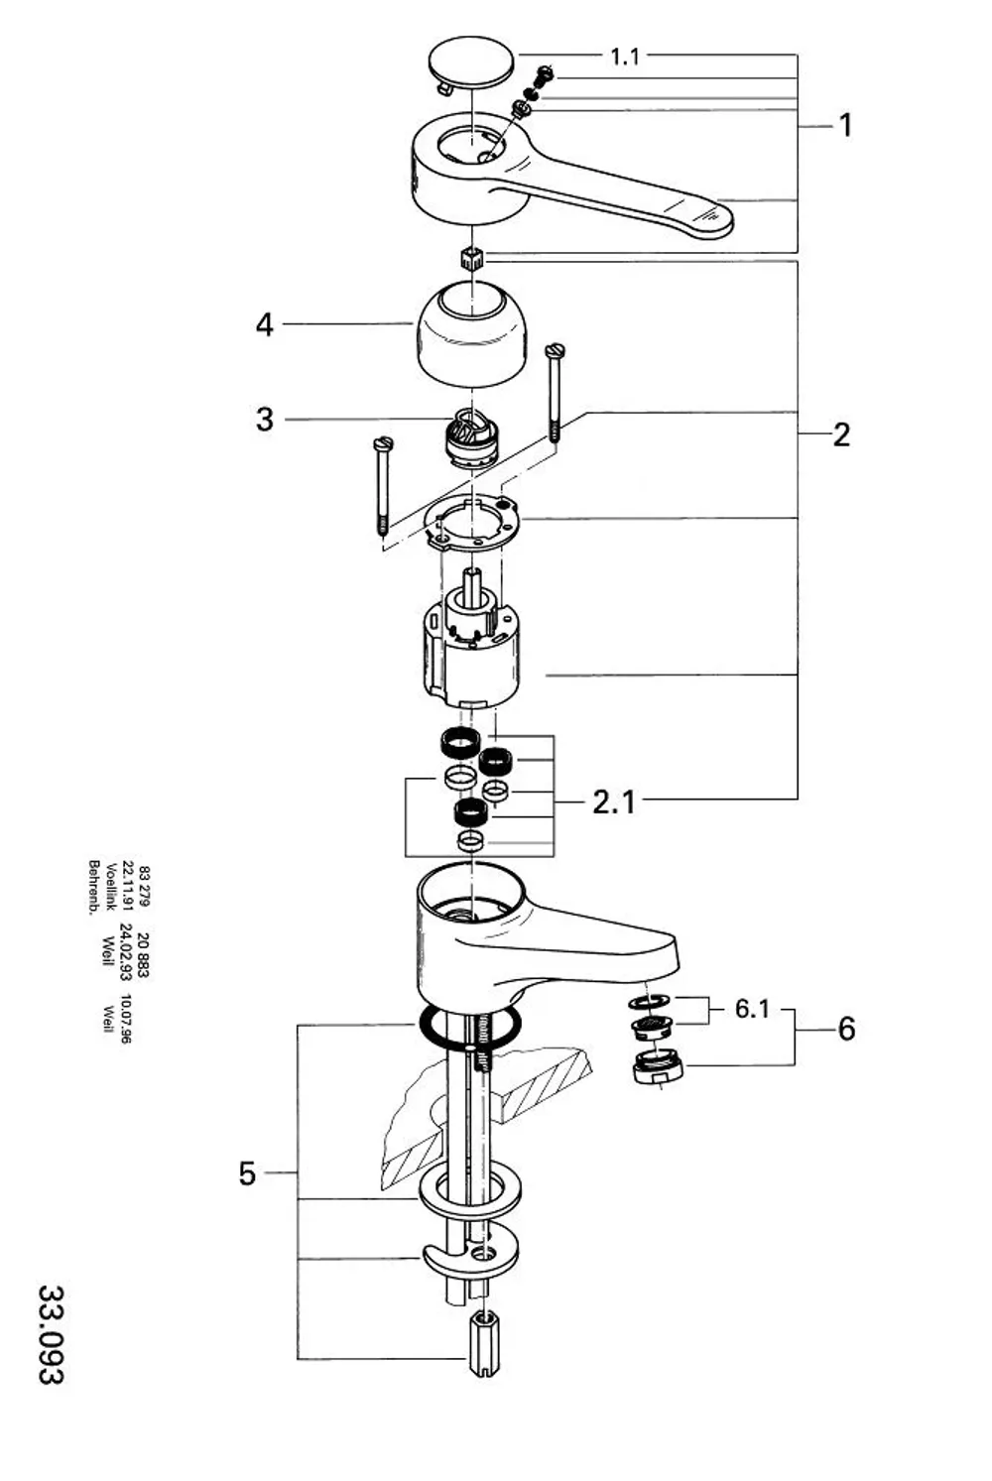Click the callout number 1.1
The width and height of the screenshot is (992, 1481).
pyautogui.click(x=624, y=57)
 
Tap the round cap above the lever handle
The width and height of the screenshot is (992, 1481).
pyautogui.click(x=471, y=63)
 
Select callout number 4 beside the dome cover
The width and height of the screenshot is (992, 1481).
pyautogui.click(x=265, y=324)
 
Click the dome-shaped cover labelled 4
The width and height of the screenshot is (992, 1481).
pyautogui.click(x=471, y=333)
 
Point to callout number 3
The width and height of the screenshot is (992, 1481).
pyautogui.click(x=265, y=420)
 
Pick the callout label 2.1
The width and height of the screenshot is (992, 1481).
pyautogui.click(x=614, y=802)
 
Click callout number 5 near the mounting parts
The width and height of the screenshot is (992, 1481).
pyautogui.click(x=247, y=1173)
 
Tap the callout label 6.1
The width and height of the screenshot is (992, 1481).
pyautogui.click(x=752, y=1009)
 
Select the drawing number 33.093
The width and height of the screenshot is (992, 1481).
pyautogui.click(x=51, y=1333)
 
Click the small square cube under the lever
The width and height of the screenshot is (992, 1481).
pyautogui.click(x=471, y=257)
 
